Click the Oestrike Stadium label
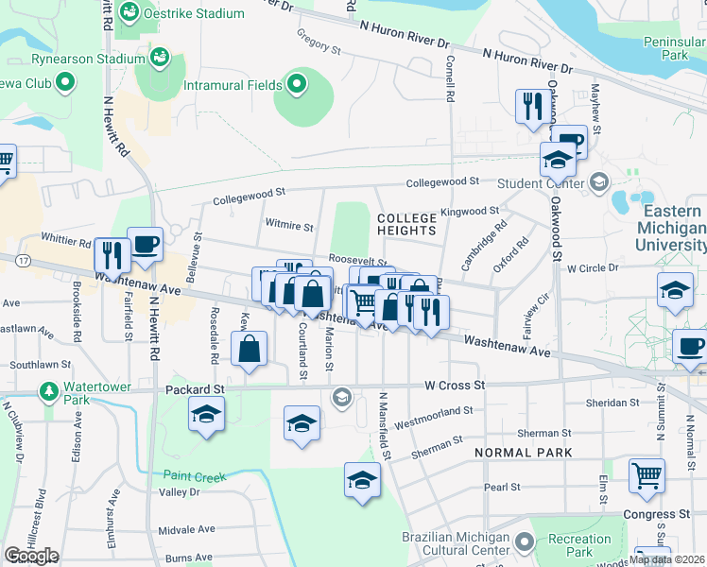[x=194, y=14]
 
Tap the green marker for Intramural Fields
[x=297, y=85]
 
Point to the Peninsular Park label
[x=675, y=48]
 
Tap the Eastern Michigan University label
[x=672, y=229]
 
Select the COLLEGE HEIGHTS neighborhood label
[x=407, y=224]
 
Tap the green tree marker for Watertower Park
[x=48, y=390]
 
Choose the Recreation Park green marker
[x=526, y=542]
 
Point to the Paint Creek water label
[x=195, y=477]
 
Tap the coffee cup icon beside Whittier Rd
[x=145, y=245]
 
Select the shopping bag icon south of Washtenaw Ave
[x=247, y=348]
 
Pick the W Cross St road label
[x=455, y=386]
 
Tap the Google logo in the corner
[x=30, y=556]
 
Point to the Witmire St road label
[x=289, y=227]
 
